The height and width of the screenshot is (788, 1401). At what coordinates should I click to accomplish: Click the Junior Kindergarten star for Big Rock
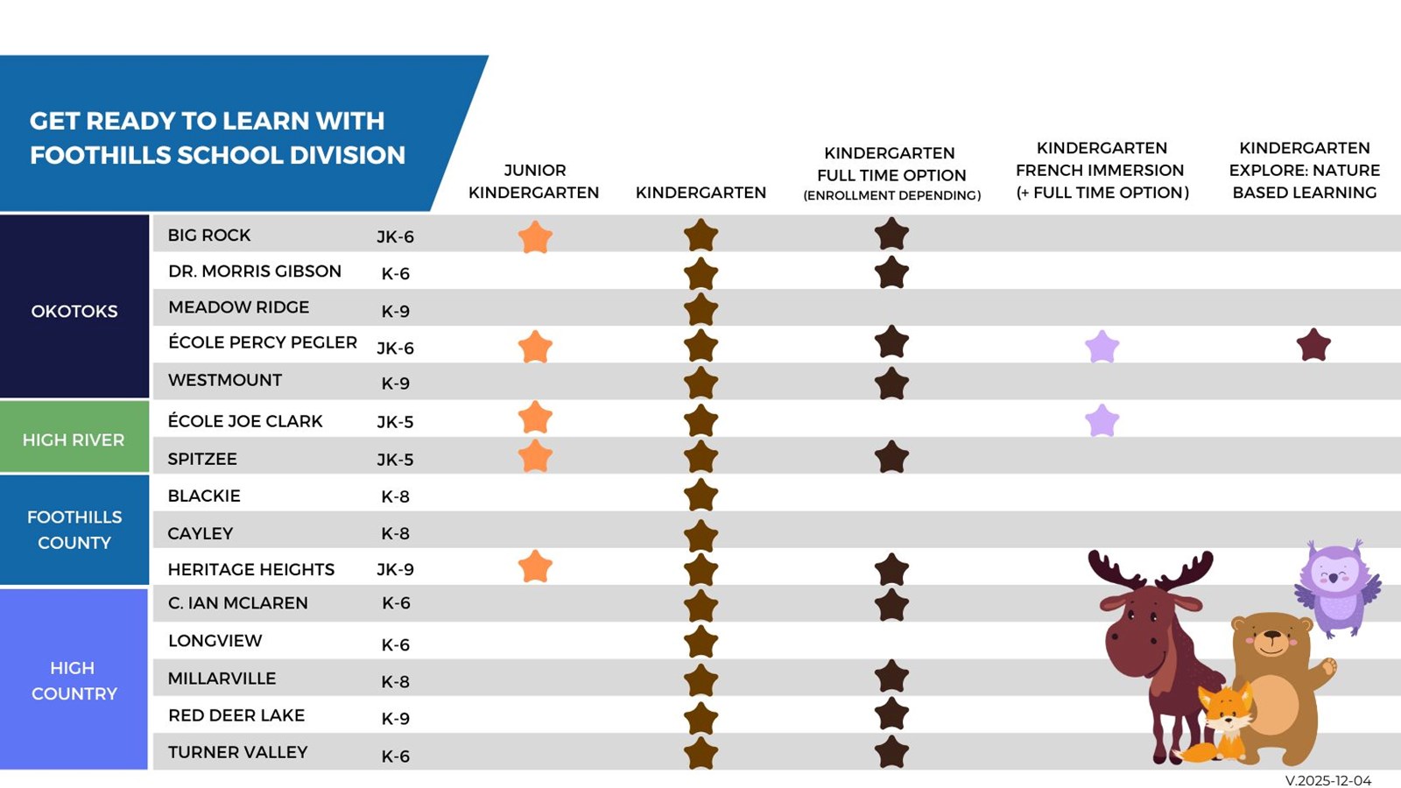(535, 237)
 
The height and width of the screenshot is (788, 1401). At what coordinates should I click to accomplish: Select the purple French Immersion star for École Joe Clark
(1102, 421)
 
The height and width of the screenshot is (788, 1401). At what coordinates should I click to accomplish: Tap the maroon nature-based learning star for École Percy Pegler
(1313, 345)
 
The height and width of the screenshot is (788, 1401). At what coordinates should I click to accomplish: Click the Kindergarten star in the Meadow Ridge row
(700, 309)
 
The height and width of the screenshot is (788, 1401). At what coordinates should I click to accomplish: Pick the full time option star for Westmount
(891, 383)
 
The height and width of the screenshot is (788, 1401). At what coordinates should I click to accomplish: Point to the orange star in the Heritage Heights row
(535, 566)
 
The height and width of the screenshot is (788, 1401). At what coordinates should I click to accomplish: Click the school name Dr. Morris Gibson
(255, 271)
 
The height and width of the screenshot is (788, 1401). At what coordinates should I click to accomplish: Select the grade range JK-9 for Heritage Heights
(395, 569)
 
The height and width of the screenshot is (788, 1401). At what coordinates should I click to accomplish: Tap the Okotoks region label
(74, 311)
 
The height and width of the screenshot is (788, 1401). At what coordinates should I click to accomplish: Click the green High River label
(74, 440)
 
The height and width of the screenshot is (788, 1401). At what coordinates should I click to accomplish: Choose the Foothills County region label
(74, 530)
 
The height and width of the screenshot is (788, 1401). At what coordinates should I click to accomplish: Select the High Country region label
(74, 680)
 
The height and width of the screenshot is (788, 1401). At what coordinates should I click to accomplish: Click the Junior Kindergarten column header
(534, 181)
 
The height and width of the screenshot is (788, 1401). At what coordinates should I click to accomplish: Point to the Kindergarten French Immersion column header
(1102, 170)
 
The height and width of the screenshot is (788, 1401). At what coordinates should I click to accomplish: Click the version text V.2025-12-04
(1327, 780)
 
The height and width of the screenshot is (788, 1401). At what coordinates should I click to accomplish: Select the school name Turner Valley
(237, 752)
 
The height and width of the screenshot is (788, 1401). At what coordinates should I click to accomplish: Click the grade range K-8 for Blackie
(395, 496)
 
